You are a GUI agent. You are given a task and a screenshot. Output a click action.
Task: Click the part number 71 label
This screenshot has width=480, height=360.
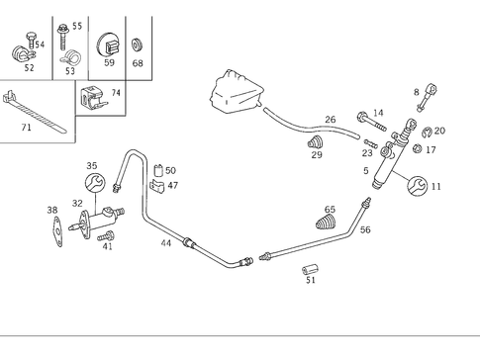pyautogui.click(x=26, y=129)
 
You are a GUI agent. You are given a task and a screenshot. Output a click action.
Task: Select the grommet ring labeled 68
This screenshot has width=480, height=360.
pyautogui.click(x=137, y=45)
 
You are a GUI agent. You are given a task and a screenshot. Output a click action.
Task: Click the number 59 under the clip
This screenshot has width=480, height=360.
pyautogui.click(x=109, y=63)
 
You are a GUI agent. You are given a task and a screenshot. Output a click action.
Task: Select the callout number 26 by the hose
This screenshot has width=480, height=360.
pyautogui.click(x=331, y=120)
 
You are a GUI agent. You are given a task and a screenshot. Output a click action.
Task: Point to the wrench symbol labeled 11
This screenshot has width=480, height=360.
pyautogui.click(x=415, y=185)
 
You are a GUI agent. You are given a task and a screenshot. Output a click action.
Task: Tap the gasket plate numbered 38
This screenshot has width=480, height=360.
pyautogui.click(x=58, y=229)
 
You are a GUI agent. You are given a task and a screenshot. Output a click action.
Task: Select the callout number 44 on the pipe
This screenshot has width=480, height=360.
pyautogui.click(x=166, y=242)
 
